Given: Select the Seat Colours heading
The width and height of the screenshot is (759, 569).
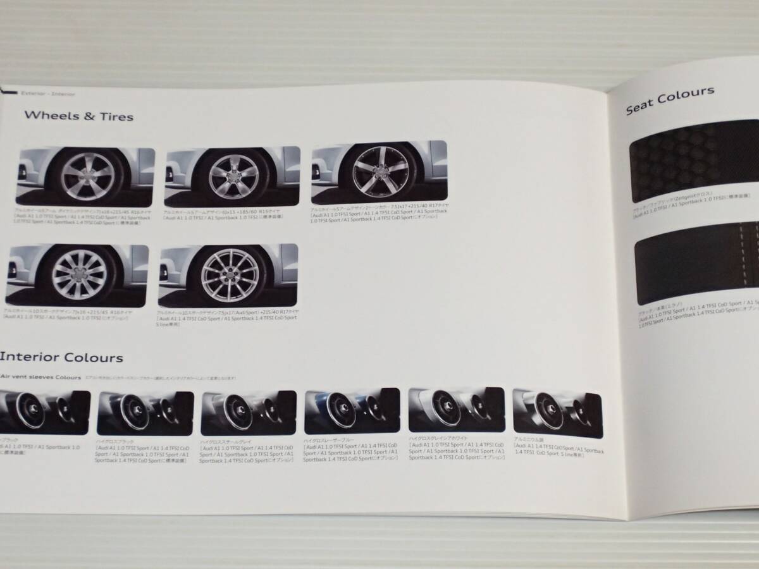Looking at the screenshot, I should point(670,100).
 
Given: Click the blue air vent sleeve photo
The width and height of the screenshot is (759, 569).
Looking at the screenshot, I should point(352,412).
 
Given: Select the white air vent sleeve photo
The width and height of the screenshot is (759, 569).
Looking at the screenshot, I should point(455,412).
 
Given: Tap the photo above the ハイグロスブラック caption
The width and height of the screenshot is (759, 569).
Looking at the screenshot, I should point(144,413).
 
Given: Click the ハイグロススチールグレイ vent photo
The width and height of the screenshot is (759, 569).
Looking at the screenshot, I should point(248,413).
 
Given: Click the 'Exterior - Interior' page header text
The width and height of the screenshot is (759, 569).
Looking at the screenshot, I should point(47,94).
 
